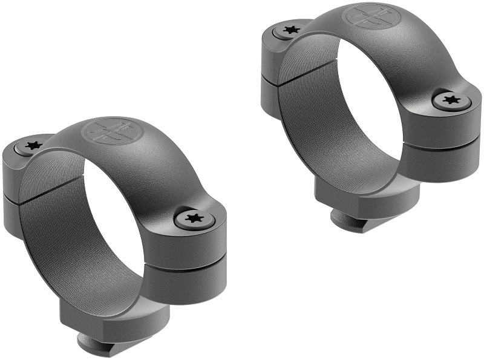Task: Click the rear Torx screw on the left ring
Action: point(31,146)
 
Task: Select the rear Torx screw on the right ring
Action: point(289,29)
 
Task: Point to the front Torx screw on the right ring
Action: point(450,100)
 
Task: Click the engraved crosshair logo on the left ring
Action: point(109,131)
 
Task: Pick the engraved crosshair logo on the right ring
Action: point(367,16)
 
